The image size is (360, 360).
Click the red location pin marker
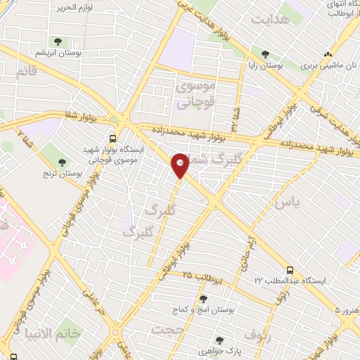pyautogui.click(x=180, y=165)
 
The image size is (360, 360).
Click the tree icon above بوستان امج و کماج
pyautogui.click(x=203, y=299)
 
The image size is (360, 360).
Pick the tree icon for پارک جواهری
pyautogui.click(x=219, y=340)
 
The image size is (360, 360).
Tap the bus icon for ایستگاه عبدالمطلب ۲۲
pyautogui.click(x=290, y=269)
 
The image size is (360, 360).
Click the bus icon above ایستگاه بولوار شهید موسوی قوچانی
pyautogui.click(x=113, y=139)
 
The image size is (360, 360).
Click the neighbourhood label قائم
pyautogui.click(x=25, y=70)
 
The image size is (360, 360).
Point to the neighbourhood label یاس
pyautogui.click(x=286, y=202)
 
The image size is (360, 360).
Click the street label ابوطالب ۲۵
pyautogui.click(x=203, y=276)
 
